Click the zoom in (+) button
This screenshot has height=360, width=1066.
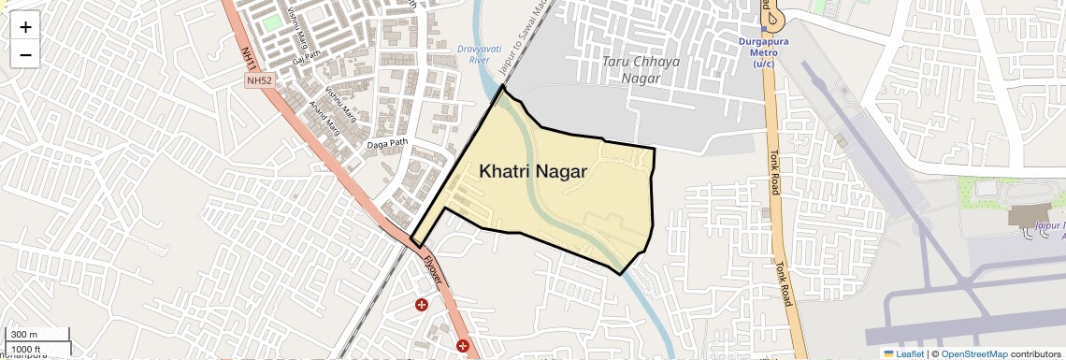[x=25, y=27]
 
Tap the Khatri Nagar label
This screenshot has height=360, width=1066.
[x=533, y=172]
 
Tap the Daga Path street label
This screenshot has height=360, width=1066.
[x=387, y=143]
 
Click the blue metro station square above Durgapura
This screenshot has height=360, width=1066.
[x=765, y=29]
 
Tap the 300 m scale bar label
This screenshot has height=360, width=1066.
[x=25, y=335]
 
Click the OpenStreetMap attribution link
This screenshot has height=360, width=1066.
[x=974, y=353]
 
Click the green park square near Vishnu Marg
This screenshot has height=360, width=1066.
[x=271, y=22]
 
